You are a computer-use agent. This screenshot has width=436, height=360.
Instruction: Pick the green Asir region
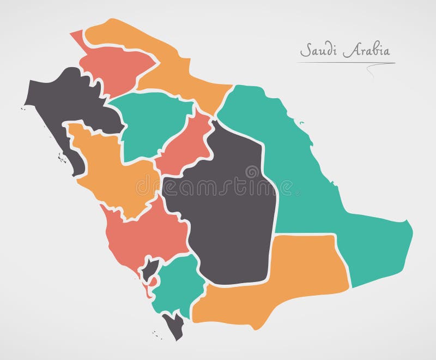[x=177, y=284]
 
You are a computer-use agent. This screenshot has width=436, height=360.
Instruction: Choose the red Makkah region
[x=147, y=235]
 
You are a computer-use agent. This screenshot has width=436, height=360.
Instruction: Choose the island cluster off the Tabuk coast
[x=62, y=159]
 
